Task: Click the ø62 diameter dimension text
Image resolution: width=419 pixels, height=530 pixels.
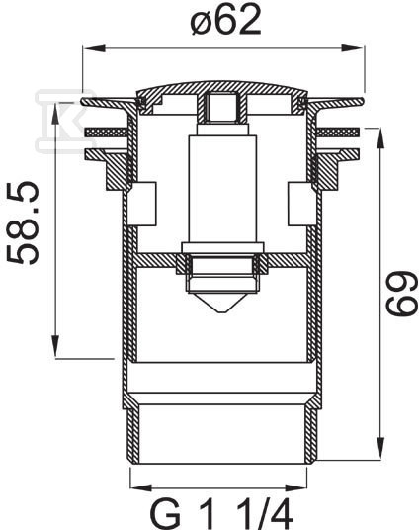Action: pos(225,20)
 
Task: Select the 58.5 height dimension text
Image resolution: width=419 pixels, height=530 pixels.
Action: pos(23,222)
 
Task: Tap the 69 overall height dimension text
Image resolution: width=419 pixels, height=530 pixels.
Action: pos(401,294)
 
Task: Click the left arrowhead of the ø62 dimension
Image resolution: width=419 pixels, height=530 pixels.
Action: pos(93,48)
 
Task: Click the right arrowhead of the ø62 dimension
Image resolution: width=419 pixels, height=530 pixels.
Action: pos(353,48)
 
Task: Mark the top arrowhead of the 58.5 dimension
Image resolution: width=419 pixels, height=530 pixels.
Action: pos(55,111)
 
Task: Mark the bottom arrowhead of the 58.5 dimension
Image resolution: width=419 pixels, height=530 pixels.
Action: pos(55,347)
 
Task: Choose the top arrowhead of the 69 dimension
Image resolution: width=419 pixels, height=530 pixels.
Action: pos(380,138)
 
